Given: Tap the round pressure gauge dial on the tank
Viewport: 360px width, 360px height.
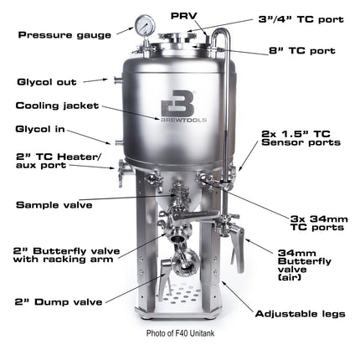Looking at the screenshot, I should pos(144,24).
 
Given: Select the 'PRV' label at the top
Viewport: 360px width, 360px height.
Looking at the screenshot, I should pos(184,14).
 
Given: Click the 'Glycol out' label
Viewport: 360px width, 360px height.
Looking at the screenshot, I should pos(47,82).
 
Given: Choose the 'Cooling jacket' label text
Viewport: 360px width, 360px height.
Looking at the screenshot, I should pos(58,105).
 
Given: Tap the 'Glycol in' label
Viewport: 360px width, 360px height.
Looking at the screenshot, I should pos(41,130).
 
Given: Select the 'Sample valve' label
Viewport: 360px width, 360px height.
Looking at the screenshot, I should pos(54,203).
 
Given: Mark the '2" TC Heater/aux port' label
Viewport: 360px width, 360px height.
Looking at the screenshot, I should pos(53,161).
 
